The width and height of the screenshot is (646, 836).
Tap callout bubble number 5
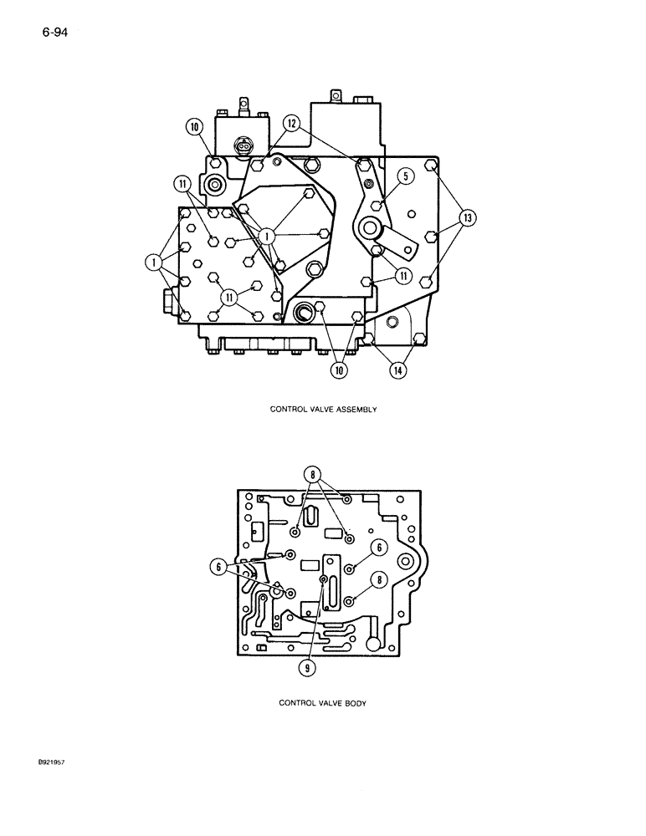pos(405,176)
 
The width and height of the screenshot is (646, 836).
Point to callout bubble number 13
pos(466,219)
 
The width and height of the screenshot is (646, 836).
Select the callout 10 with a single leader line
pos(194,127)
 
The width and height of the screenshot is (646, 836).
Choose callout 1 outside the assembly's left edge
pos(155,263)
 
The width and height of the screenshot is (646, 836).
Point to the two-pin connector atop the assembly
pos(245,145)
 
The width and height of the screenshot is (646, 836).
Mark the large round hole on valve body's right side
pos(408,560)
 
